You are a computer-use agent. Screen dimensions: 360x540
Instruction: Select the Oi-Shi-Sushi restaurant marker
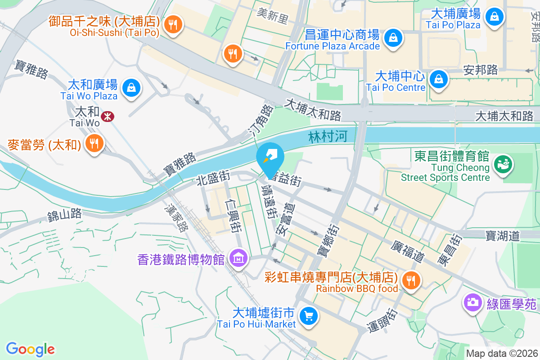(172, 24)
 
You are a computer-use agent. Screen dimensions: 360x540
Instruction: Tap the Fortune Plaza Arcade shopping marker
(393, 37)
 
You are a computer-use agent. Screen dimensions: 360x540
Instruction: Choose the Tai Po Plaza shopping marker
(494, 17)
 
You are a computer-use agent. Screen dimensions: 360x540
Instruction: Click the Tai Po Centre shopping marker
(437, 79)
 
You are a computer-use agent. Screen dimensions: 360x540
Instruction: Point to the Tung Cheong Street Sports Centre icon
(503, 164)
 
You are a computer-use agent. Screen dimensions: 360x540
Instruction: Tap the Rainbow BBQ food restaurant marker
(410, 280)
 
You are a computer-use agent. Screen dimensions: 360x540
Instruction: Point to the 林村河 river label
(328, 137)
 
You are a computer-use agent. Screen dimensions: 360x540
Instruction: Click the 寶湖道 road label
(502, 235)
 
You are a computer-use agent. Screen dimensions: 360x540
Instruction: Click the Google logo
(30, 349)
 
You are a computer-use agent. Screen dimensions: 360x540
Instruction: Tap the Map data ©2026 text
(502, 353)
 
